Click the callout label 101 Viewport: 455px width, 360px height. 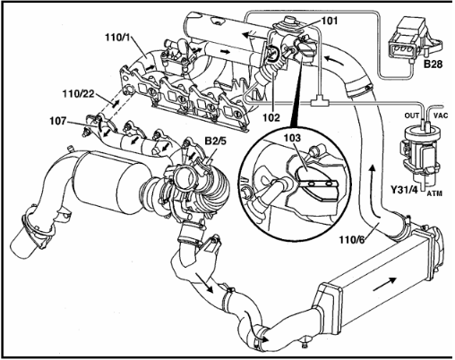[x=330, y=21]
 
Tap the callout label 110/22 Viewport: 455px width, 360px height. [x=78, y=94]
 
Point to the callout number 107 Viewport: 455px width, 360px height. [x=58, y=121]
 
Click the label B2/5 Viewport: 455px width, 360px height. [x=215, y=140]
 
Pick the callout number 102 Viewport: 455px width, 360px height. [x=271, y=117]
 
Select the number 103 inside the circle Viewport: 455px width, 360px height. [x=292, y=138]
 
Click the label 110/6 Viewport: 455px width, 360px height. [x=352, y=239]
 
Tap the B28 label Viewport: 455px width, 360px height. [x=433, y=64]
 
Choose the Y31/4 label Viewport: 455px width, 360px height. [x=404, y=189]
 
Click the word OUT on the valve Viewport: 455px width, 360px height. [x=412, y=116]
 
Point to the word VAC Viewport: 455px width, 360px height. [x=441, y=116]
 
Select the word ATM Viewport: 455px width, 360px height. [x=434, y=193]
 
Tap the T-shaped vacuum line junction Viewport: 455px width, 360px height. [x=320, y=102]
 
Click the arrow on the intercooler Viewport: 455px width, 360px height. [x=385, y=283]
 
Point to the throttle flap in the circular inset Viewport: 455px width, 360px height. [x=316, y=183]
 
